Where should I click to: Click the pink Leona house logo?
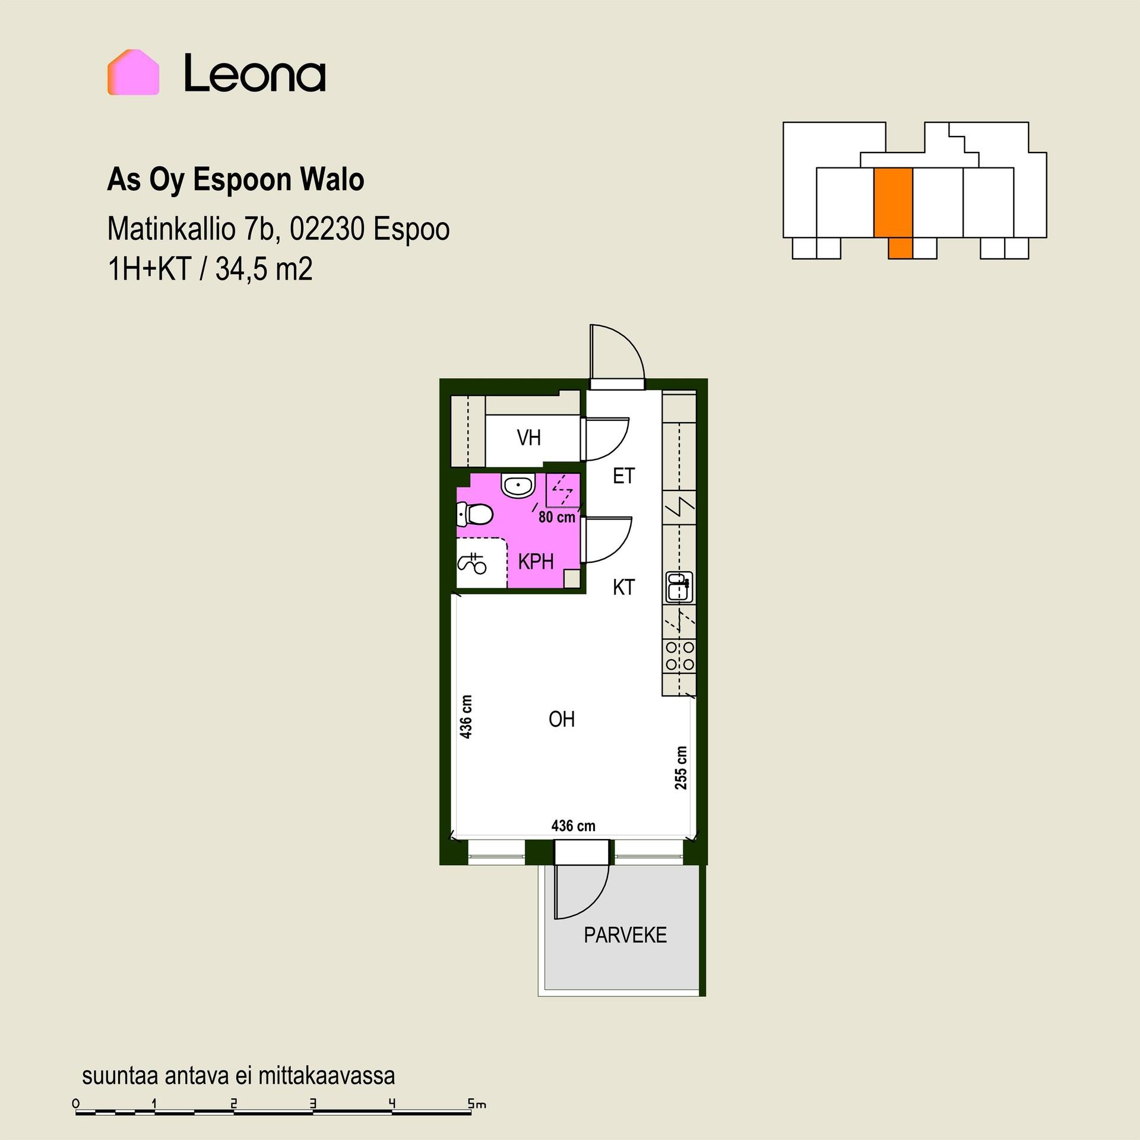(x=133, y=72)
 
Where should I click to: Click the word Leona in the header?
(x=255, y=73)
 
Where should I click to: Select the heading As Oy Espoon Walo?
(x=236, y=180)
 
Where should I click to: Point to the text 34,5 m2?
(x=264, y=269)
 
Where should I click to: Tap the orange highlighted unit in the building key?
(x=893, y=208)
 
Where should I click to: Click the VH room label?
(x=528, y=438)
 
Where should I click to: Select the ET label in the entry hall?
(x=623, y=476)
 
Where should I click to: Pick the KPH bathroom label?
(x=536, y=561)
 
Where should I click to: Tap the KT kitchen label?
(x=623, y=587)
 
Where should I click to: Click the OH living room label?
(x=562, y=719)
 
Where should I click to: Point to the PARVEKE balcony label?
(x=625, y=935)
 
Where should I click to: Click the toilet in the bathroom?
(x=474, y=514)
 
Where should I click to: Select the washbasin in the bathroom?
(x=518, y=484)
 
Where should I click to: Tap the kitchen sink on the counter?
(x=679, y=587)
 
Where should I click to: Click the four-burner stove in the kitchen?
(x=679, y=656)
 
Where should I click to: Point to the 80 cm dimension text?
(x=557, y=517)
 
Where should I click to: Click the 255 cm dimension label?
(x=681, y=768)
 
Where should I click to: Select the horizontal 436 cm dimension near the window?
(x=573, y=826)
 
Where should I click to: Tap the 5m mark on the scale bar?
(x=477, y=1104)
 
